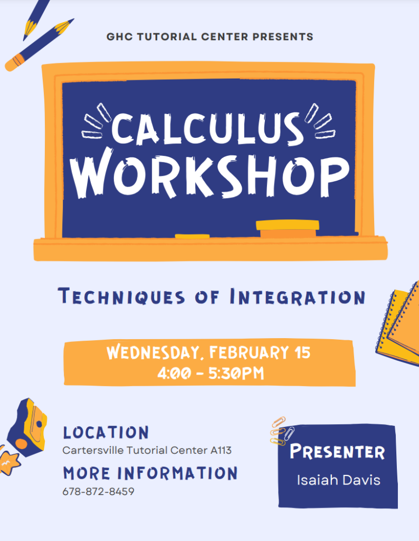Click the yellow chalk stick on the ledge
(x=192, y=236)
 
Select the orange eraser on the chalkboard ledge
(x=288, y=229)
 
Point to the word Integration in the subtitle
(x=297, y=297)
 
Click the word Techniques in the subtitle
(x=122, y=297)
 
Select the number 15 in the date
(x=302, y=353)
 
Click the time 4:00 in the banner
(x=172, y=374)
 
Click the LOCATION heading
(x=106, y=433)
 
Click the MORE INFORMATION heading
(x=150, y=473)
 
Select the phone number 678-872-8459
(x=98, y=491)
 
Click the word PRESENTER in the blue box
(x=338, y=452)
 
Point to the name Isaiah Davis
(x=338, y=480)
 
